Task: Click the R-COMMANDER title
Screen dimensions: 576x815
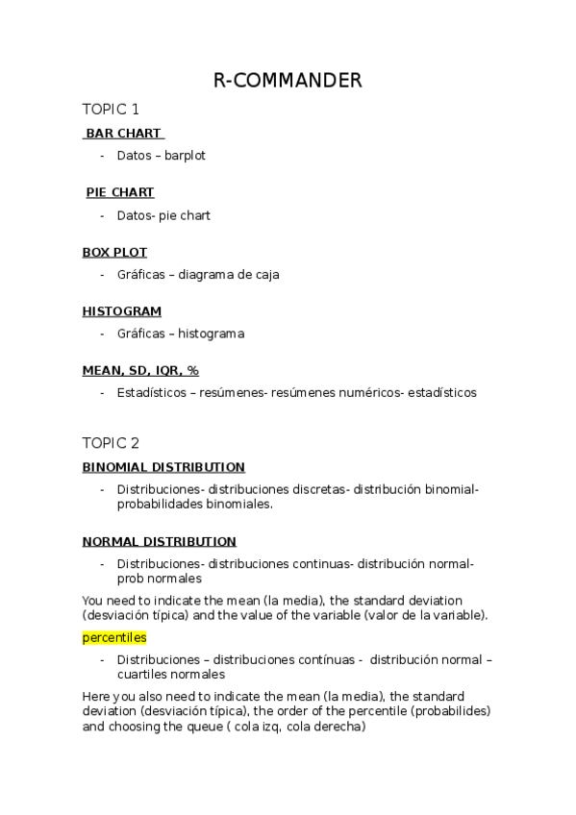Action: click(x=288, y=81)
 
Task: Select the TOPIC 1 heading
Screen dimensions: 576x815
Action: click(x=111, y=110)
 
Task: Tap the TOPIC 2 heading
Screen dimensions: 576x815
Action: click(x=111, y=443)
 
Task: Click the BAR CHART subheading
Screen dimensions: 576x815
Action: click(x=123, y=133)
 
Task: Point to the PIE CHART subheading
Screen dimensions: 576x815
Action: click(x=120, y=192)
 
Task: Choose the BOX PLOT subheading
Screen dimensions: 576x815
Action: click(x=114, y=252)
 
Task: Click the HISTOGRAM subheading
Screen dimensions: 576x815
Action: click(x=121, y=311)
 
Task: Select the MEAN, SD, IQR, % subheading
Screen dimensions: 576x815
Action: click(x=140, y=370)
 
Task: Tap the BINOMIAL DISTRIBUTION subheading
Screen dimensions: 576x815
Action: click(x=163, y=467)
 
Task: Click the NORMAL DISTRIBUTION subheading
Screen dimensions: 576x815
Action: click(x=159, y=542)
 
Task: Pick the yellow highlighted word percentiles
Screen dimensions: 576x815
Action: click(x=113, y=637)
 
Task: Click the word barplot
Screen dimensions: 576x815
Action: click(x=185, y=156)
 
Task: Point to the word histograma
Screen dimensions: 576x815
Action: click(x=211, y=333)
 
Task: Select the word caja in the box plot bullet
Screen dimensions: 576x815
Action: click(x=266, y=274)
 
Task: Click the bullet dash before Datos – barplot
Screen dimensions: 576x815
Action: click(x=102, y=156)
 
